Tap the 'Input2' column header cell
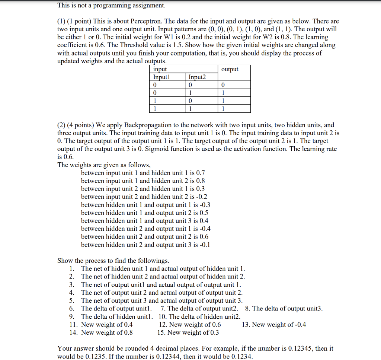pos(197,77)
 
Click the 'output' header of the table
pos(230,69)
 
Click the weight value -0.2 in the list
pos(201,197)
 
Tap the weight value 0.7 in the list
pos(200,173)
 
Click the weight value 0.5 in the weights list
pos(204,213)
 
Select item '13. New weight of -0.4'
pos(274,325)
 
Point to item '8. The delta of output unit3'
pos(284,308)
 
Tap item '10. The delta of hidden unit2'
pos(199,316)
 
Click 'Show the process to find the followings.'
pos(113,261)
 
